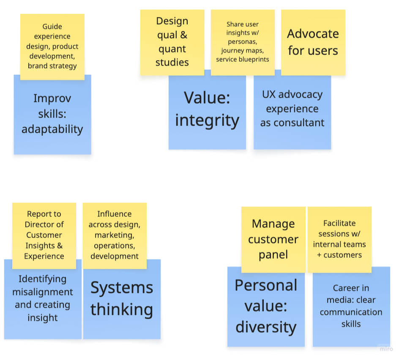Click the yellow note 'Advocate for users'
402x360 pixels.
313,43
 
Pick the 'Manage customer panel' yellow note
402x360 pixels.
273,240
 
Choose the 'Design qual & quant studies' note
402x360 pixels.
172,43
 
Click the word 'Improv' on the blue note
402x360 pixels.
52,98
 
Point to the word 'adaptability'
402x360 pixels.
52,129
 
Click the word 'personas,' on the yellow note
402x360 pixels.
243,42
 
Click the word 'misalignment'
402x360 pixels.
43,292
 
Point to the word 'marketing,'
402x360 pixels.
115,235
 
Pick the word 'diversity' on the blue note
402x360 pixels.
266,327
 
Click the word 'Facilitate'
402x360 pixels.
339,224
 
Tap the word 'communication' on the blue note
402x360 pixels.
351,312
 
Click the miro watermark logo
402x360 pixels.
386,349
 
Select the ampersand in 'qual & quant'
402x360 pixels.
183,35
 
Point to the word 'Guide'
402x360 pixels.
52,27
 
